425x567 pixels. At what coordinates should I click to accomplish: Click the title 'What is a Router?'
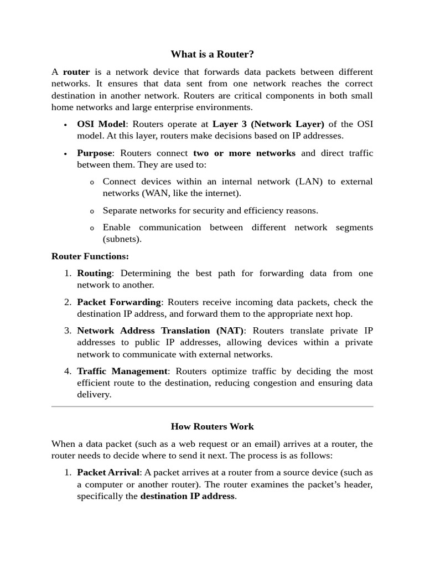tap(212, 54)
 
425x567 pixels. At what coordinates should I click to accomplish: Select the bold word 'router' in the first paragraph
tap(76, 72)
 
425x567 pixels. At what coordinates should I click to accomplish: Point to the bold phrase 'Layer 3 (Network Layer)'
tap(268, 123)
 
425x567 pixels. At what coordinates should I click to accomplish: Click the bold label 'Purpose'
tap(95, 153)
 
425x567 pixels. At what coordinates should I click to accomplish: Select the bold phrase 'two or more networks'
tap(244, 153)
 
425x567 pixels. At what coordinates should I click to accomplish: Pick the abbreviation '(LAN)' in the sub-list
tap(307, 182)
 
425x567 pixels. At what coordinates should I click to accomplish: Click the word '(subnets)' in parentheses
tap(122, 239)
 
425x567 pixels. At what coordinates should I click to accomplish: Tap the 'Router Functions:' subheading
tap(90, 256)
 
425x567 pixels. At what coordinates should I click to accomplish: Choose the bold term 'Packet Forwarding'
tap(119, 302)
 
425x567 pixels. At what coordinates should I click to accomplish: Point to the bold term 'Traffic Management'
tap(122, 371)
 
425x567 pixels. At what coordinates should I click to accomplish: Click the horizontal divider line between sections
tap(212, 406)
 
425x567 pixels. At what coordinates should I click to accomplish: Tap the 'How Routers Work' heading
tap(212, 426)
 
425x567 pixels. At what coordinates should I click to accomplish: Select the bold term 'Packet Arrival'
tap(108, 472)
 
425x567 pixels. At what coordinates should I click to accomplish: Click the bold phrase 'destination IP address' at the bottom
tap(188, 496)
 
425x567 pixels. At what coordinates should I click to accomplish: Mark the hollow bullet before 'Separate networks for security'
tap(92, 211)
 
